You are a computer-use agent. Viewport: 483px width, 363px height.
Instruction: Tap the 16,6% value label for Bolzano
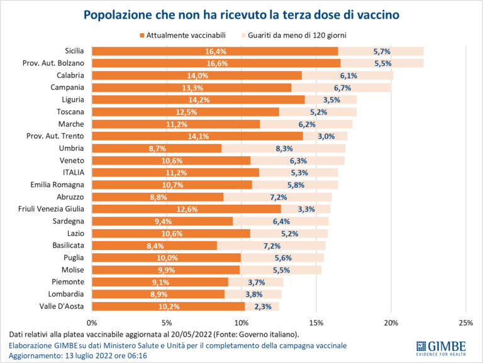pos(216,63)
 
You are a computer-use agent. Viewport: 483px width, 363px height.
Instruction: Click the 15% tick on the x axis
pos(316,322)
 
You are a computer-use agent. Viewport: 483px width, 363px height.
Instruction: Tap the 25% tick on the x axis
pos(465,322)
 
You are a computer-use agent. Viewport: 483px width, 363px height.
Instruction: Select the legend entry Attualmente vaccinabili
pos(183,36)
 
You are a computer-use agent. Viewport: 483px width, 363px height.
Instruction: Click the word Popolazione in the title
pos(122,14)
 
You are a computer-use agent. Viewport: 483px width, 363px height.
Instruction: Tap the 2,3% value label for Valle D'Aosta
pos(262,306)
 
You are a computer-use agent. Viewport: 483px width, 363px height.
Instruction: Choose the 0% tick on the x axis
pos(92,322)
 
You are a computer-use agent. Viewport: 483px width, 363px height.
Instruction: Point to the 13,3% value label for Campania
pos(191,88)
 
